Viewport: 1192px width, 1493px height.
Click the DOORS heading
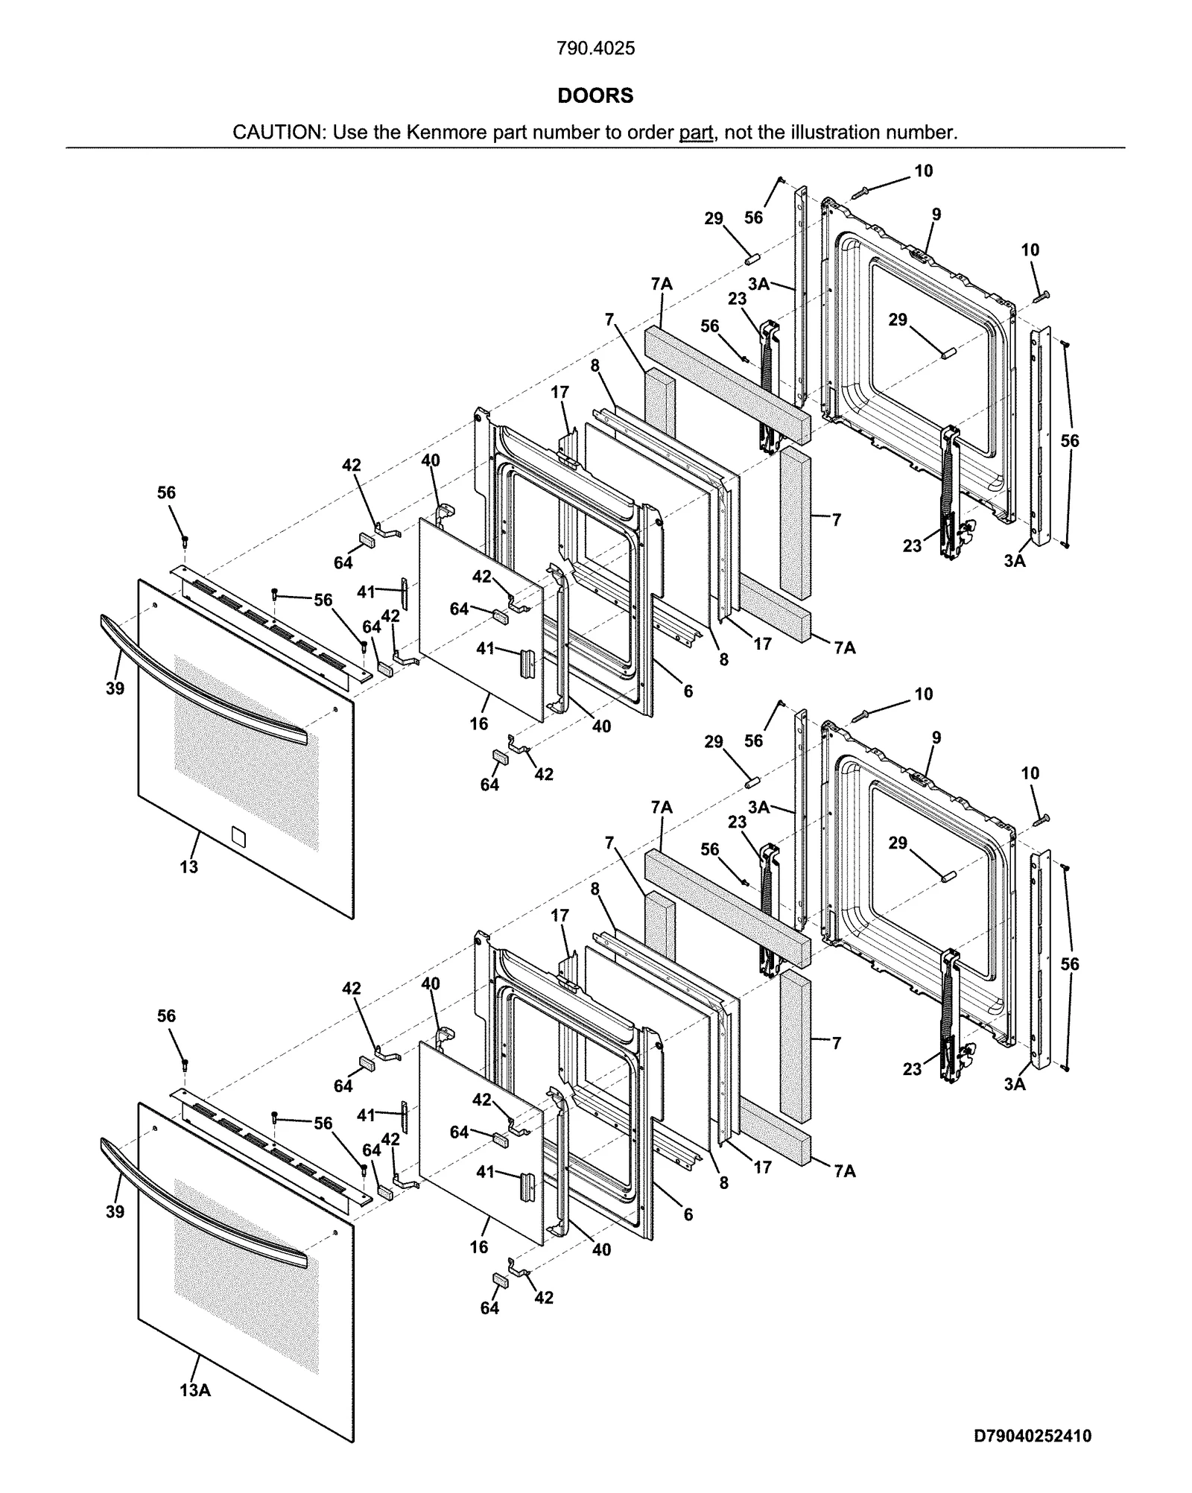[595, 95]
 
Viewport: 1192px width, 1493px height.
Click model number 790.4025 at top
[595, 48]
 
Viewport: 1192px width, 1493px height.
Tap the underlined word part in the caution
[696, 133]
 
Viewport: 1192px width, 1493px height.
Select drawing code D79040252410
[1033, 1436]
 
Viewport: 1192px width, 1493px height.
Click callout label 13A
[195, 1390]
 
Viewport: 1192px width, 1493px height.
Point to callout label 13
[188, 866]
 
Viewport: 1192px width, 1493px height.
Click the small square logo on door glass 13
[238, 836]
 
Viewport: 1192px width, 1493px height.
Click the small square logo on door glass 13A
[238, 1359]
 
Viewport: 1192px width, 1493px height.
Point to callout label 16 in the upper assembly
[479, 723]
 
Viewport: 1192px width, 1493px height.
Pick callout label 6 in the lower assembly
[688, 1214]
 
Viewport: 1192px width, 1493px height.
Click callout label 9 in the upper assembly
[936, 215]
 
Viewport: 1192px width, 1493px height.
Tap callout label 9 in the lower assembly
[936, 738]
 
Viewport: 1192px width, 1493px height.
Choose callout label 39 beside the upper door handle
[115, 688]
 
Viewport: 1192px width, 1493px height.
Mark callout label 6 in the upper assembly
[688, 691]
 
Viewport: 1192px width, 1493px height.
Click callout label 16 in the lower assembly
[479, 1246]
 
